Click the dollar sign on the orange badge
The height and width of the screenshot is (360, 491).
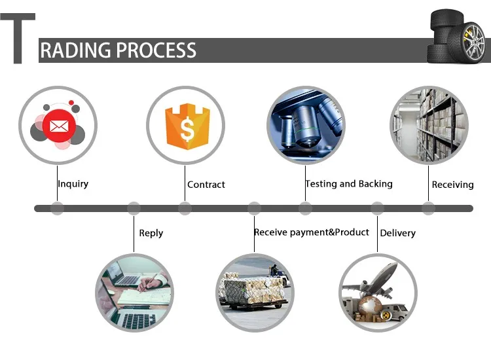(x=187, y=128)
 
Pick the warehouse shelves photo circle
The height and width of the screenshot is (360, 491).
(x=429, y=125)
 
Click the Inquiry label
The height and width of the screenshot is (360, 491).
(x=73, y=184)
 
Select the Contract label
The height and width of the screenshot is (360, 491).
(x=206, y=185)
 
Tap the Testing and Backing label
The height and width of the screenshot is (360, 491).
(x=349, y=184)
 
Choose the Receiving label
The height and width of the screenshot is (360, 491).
(x=452, y=185)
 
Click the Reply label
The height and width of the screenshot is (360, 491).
(x=151, y=233)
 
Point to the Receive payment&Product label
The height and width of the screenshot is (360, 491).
(x=312, y=232)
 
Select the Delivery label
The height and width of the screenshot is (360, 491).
(x=397, y=233)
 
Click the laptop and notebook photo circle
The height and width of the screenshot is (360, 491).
(x=134, y=291)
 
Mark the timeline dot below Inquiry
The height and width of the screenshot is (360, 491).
(x=58, y=209)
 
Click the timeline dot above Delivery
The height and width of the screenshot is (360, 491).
(x=377, y=209)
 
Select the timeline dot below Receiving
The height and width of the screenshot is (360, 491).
(x=428, y=209)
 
